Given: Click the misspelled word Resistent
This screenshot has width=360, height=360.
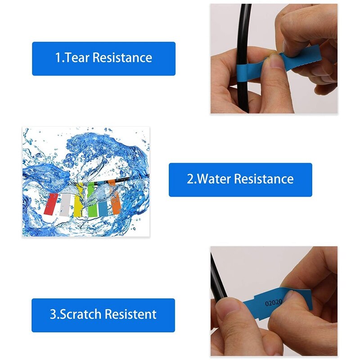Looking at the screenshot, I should tap(131, 314).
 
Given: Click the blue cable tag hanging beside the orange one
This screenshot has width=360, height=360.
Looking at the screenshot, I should tap(104, 201).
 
